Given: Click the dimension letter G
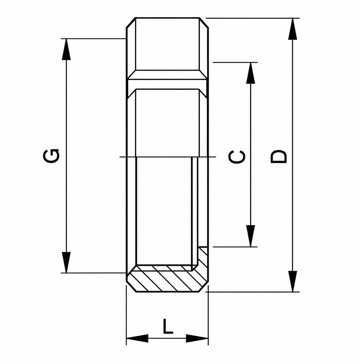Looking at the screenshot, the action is (51, 156).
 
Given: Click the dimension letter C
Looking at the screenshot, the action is (237, 157).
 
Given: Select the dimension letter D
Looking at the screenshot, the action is (279, 156).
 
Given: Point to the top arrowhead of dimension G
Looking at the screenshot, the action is (66, 49).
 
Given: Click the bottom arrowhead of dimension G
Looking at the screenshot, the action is (66, 262).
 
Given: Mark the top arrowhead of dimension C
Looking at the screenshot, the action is (251, 73).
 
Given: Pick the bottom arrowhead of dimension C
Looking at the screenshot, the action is (251, 236).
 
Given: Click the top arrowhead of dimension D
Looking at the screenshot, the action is (292, 29).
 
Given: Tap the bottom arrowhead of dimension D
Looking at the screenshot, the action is (292, 281).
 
